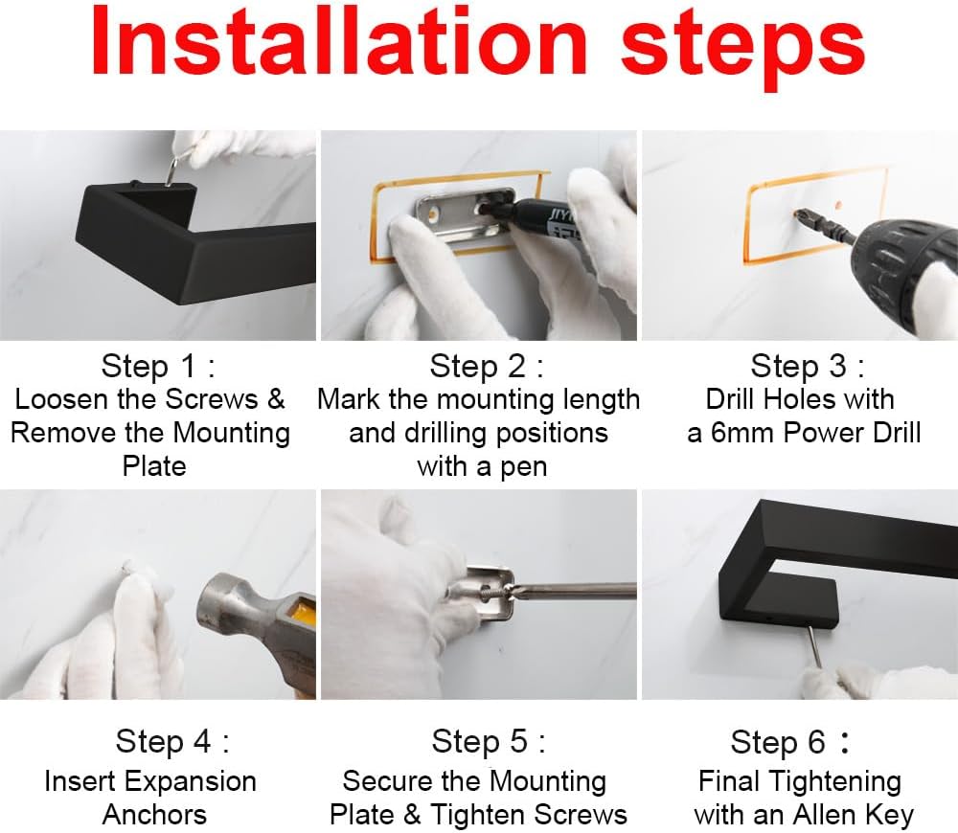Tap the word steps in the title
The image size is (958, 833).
click(x=743, y=49)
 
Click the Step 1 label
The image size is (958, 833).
click(x=158, y=366)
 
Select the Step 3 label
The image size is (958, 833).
click(x=807, y=366)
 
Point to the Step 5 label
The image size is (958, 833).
click(x=489, y=741)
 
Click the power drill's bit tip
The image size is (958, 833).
click(x=796, y=214)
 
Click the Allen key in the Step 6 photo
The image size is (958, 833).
click(x=814, y=646)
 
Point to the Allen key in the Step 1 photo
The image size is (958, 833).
click(x=172, y=170)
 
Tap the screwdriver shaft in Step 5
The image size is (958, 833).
click(x=574, y=590)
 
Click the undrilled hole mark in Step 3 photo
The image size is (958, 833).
click(x=839, y=205)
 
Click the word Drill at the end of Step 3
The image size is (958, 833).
click(x=896, y=433)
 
